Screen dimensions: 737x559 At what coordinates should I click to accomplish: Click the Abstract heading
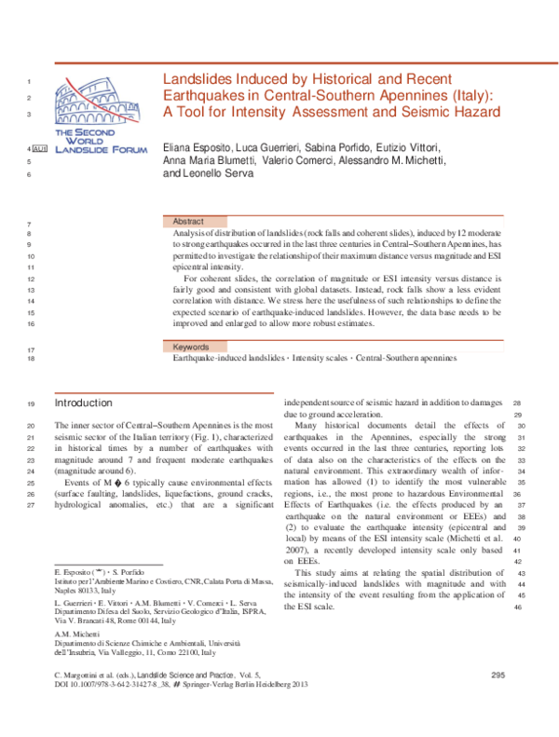pyautogui.click(x=190, y=221)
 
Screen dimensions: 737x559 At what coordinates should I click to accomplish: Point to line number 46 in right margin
pyautogui.click(x=518, y=607)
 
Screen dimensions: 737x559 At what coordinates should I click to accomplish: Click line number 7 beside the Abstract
pyautogui.click(x=32, y=225)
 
